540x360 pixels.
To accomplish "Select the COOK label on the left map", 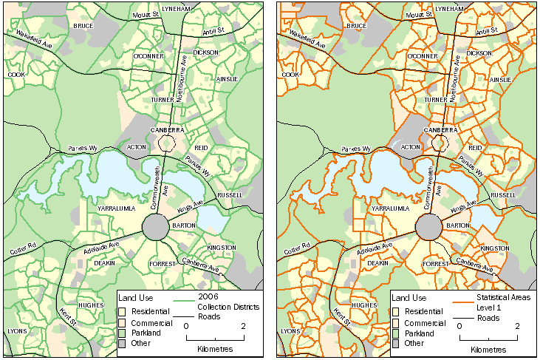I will tap(17, 75).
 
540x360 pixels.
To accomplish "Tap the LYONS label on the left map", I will tap(16, 331).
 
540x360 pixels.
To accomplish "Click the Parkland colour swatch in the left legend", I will tap(122, 333).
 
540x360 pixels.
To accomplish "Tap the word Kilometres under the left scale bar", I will tap(215, 348).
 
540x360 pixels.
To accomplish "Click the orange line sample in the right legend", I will tap(463, 302).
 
